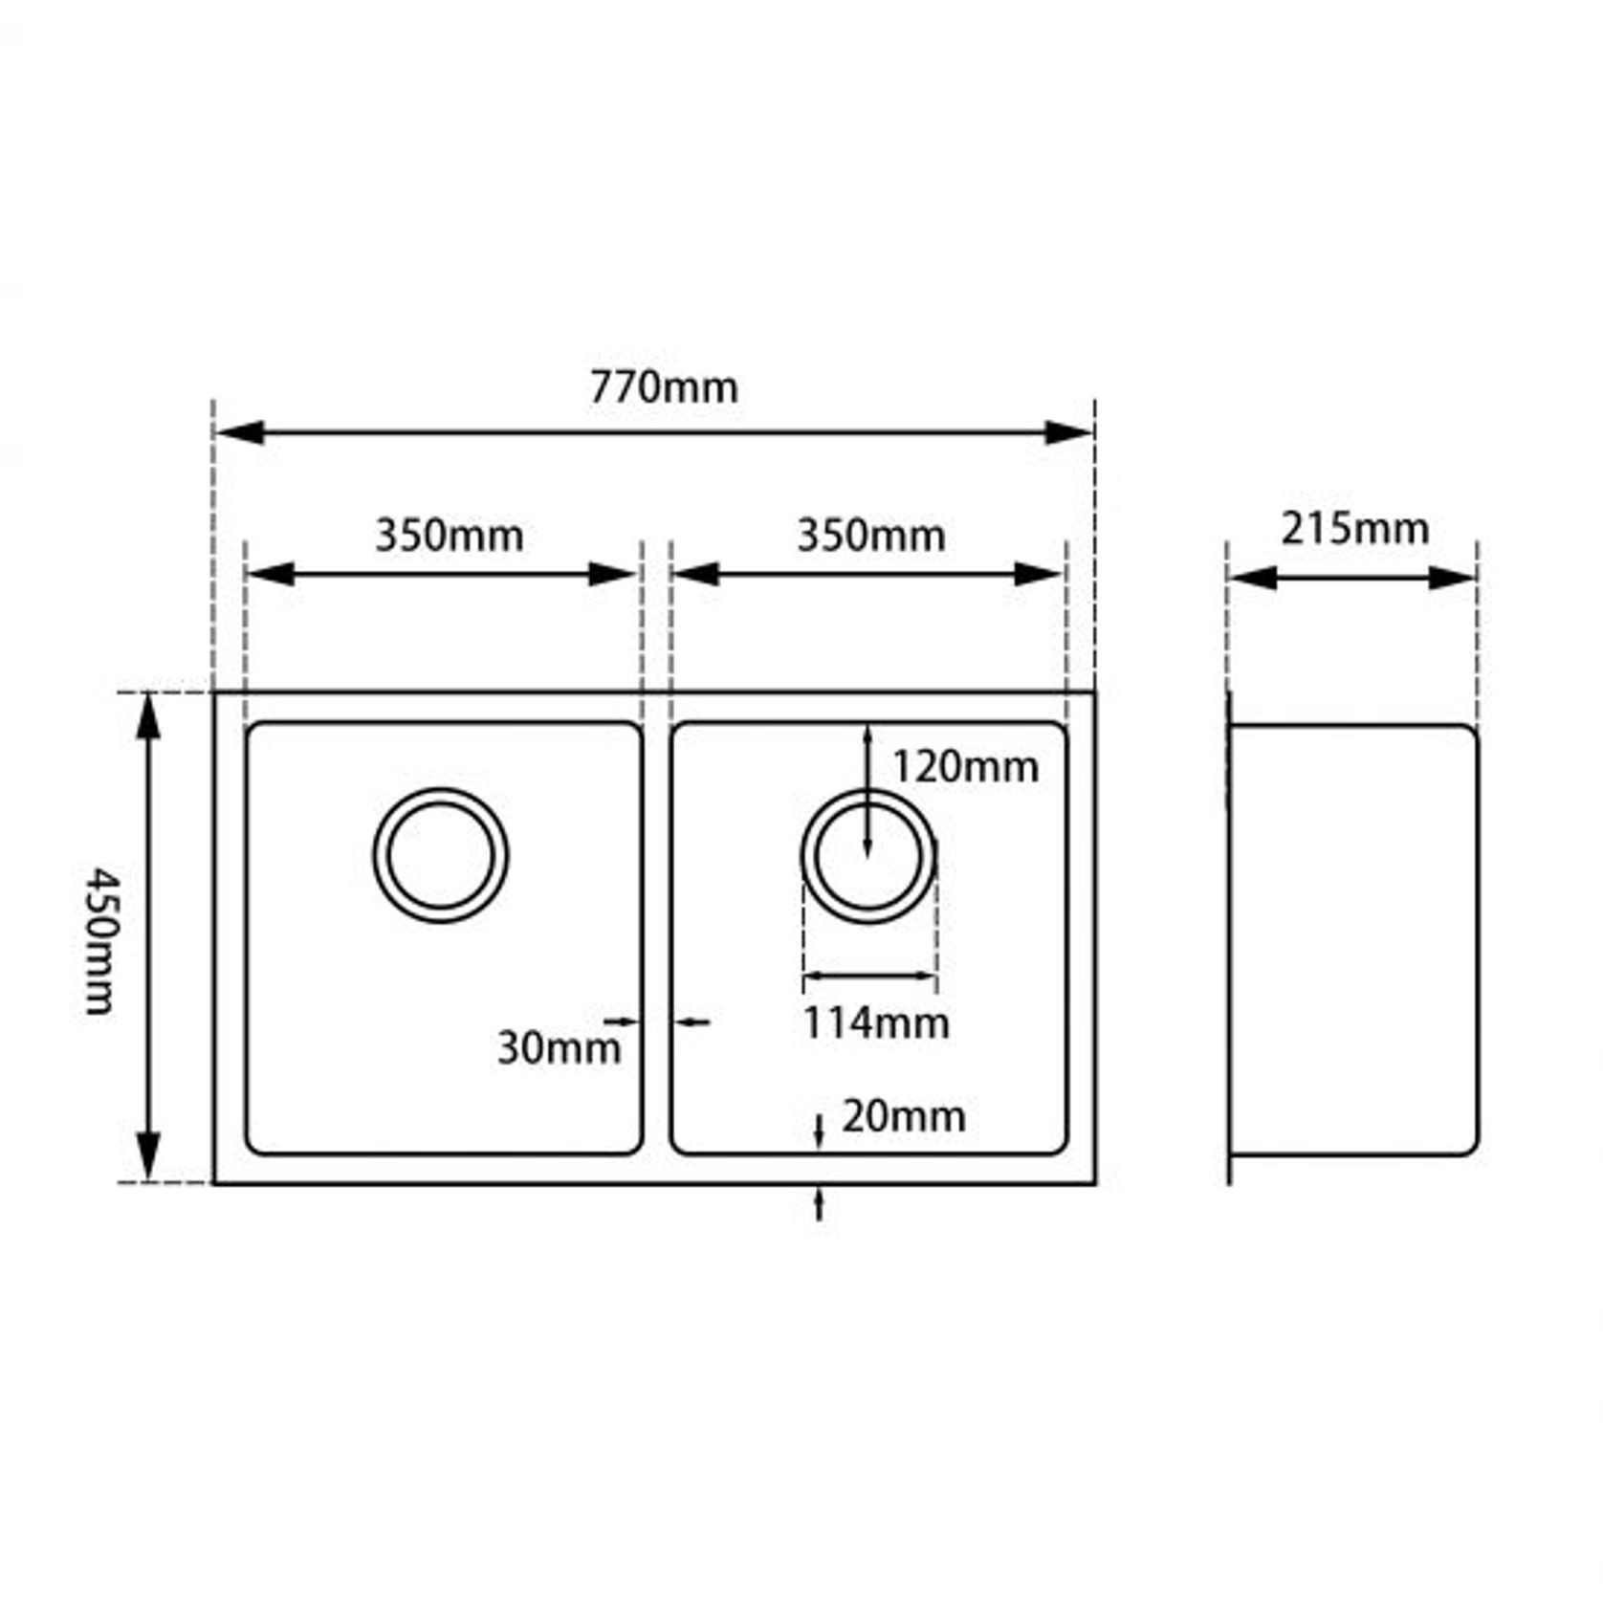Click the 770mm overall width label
(x=664, y=388)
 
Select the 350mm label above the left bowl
(x=449, y=536)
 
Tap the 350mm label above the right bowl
(x=871, y=536)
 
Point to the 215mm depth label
(x=1355, y=529)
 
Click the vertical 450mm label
(x=100, y=939)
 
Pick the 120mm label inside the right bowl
(x=964, y=767)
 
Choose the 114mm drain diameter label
(x=875, y=1023)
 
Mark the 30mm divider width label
(x=559, y=1048)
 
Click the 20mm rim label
(x=903, y=1116)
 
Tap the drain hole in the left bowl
(x=441, y=855)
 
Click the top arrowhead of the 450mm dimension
(x=147, y=717)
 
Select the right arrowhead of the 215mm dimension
(x=1452, y=578)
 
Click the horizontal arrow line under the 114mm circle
(x=869, y=977)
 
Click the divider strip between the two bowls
(x=656, y=937)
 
